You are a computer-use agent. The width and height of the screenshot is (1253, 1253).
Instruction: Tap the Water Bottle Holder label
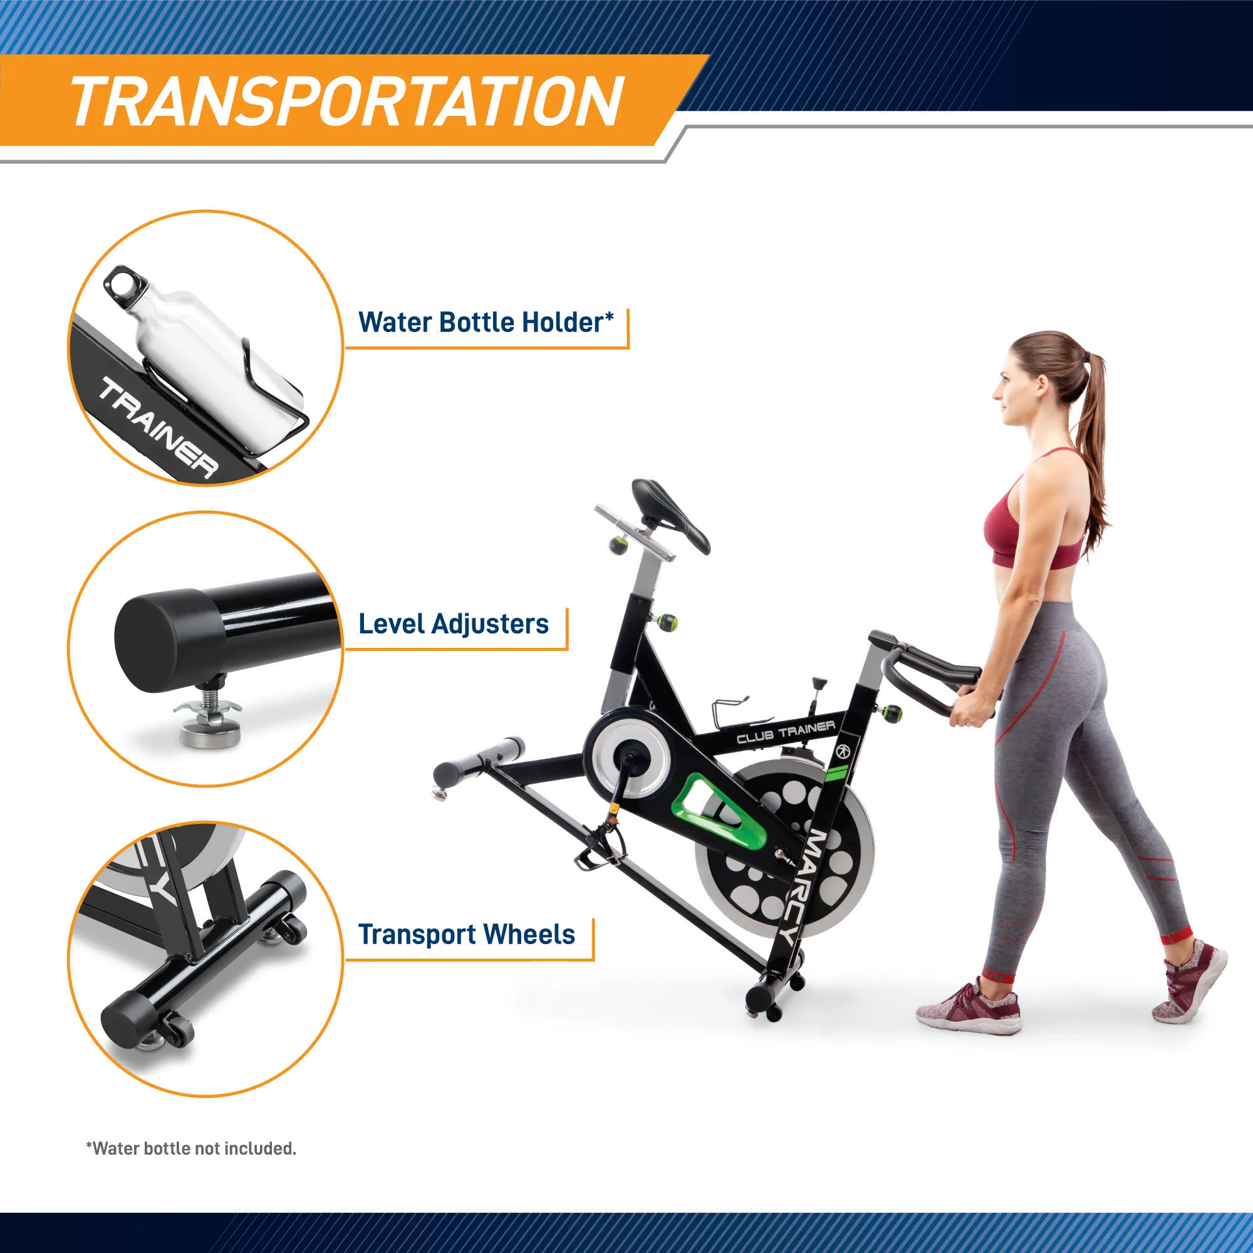coord(485,322)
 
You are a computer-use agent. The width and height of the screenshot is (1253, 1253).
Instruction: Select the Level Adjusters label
coord(454,624)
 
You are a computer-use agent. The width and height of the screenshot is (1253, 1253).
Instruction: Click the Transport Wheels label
coord(467,935)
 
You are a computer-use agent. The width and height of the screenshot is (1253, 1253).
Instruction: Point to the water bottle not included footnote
coord(191,1148)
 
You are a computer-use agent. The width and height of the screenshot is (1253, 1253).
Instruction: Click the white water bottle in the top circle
coord(195,337)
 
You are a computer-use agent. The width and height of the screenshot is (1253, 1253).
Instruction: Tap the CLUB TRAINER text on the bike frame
coord(786,732)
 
